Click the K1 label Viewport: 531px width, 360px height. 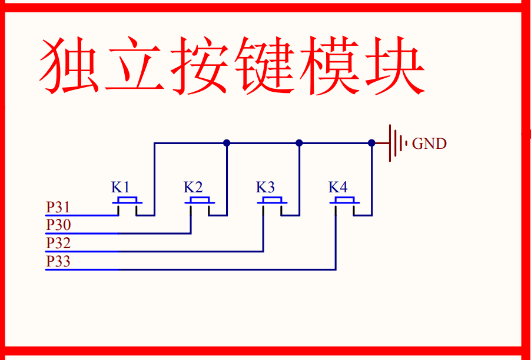[x=121, y=188]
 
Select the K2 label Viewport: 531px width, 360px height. [x=193, y=188]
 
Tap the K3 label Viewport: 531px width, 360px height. [x=265, y=188]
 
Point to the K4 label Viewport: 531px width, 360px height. [x=338, y=188]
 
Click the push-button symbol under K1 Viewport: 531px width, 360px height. [x=127, y=202]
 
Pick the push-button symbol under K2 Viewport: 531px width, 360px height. [x=200, y=202]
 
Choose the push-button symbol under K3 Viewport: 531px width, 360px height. [x=272, y=202]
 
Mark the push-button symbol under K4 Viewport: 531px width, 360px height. [x=344, y=202]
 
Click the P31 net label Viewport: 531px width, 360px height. [x=58, y=208]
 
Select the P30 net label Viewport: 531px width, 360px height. [x=58, y=225]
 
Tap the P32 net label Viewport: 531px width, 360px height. [x=58, y=244]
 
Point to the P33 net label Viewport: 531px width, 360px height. [x=58, y=262]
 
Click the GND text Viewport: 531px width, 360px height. [x=429, y=144]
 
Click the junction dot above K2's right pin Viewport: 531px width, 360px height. [x=227, y=143]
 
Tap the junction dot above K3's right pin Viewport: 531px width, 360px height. [x=299, y=143]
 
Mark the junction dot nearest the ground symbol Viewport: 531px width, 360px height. [x=371, y=143]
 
